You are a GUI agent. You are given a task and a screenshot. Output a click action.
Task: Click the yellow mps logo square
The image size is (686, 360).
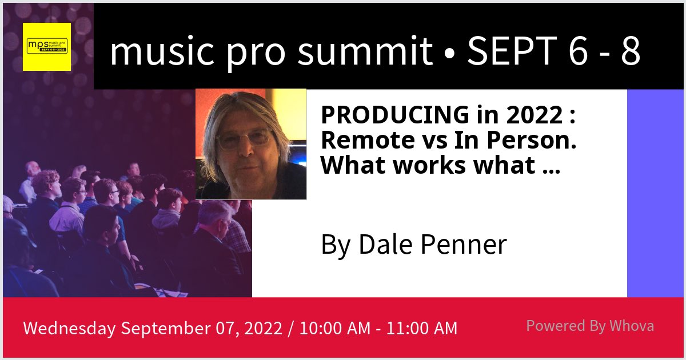point(47,47)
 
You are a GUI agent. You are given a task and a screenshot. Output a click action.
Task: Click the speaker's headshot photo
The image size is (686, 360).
point(251,144)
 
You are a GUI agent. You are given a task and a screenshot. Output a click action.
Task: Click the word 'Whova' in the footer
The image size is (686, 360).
point(631,326)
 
